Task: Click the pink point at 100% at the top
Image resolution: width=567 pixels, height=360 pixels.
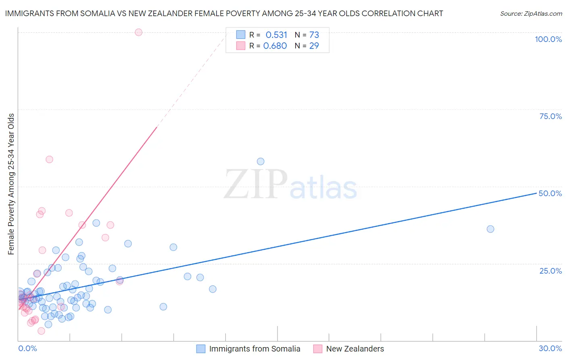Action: coord(138,32)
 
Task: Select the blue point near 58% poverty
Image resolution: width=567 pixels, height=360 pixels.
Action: coord(261,161)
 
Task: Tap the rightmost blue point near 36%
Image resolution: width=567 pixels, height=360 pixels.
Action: coord(490,229)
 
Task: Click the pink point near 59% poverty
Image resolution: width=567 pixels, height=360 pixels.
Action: coord(49,159)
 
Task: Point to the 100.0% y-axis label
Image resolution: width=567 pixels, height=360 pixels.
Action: coord(548,39)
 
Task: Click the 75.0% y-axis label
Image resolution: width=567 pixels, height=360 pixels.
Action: coord(550,116)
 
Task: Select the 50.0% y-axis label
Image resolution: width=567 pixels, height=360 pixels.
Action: coord(550,193)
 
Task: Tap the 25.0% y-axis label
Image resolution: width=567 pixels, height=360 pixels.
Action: coord(550,270)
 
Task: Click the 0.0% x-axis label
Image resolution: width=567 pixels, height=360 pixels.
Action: coord(27,348)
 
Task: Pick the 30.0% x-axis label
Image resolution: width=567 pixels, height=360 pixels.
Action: coord(550,348)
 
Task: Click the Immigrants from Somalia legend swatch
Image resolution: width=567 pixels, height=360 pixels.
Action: coord(201,349)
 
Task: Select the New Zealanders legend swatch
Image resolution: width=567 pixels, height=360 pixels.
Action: coord(318,349)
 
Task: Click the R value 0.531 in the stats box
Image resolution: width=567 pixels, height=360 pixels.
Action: coord(276,35)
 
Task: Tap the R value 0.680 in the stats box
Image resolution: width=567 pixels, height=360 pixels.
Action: coord(275,46)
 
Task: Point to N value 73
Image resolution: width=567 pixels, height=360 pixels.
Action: coord(314,35)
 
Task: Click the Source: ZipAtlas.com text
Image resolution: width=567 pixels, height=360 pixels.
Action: coord(531,14)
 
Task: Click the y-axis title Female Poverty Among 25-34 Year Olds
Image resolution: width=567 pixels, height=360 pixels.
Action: coord(11,184)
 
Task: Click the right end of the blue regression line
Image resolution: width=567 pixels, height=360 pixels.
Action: coord(536,193)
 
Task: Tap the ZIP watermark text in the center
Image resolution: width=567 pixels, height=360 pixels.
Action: coord(256,184)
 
